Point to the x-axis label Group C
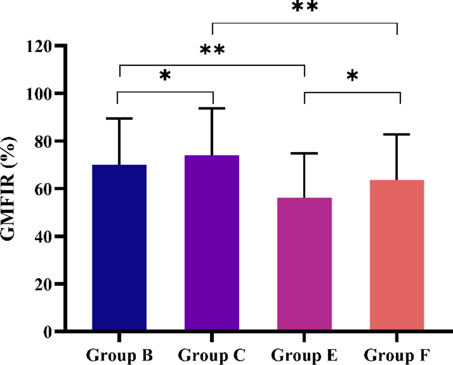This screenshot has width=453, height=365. click(x=212, y=355)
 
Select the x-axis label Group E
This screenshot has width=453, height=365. click(x=304, y=355)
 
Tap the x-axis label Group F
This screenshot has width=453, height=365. click(x=397, y=355)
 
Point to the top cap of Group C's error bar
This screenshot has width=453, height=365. click(x=212, y=108)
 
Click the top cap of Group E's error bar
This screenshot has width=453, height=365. click(x=304, y=153)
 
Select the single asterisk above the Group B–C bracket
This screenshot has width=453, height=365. click(x=164, y=75)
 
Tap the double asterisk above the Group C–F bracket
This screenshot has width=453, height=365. click(x=305, y=7)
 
